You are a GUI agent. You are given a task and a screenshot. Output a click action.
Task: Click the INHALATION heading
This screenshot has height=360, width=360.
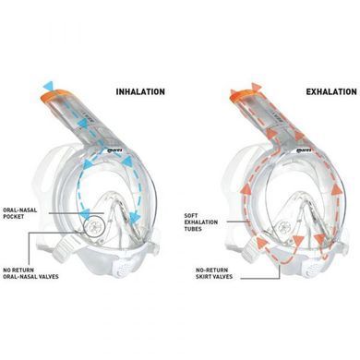pos(140,91)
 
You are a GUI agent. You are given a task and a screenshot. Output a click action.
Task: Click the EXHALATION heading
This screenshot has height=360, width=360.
pos(331,91)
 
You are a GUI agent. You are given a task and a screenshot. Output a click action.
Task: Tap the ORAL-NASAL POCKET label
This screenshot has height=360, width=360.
pos(19,213)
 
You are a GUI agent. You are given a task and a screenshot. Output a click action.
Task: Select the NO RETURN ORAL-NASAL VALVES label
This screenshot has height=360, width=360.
pos(30,273)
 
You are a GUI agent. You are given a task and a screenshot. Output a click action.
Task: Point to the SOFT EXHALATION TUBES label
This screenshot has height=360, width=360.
pos(201,222)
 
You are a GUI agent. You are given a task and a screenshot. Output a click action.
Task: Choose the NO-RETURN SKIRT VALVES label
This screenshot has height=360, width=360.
pos(214,273)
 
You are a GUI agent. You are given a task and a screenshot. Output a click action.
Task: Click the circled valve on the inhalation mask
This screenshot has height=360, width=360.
pos(95,227)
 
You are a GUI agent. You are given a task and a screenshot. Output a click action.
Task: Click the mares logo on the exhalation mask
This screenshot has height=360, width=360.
pos(304,150)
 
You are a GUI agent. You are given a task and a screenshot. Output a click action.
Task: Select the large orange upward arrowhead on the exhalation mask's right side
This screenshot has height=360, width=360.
pos(337,190)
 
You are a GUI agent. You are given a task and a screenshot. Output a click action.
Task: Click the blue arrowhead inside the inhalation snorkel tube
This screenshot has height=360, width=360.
pos(82,123)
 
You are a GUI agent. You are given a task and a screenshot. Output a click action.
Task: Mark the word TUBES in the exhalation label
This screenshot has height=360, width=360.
pos(193,229)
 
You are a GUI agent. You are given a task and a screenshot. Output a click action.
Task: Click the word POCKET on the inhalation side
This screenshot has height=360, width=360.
pos(14,216)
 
